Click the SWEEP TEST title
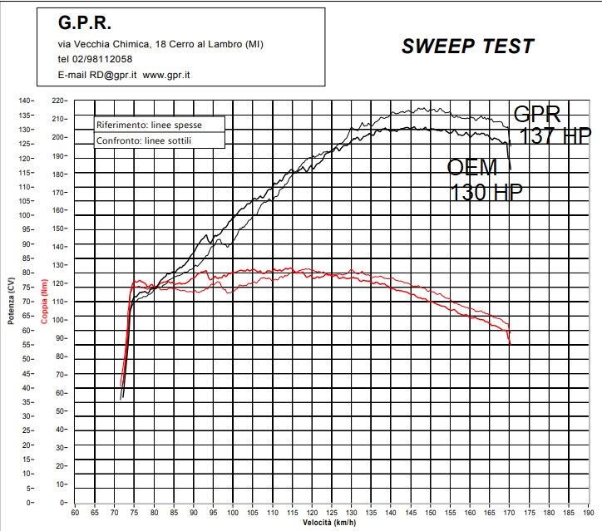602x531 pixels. coord(467,47)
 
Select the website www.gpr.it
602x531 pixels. coord(166,74)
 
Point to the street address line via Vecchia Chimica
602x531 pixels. coord(160,44)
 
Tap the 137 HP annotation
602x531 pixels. coord(555,136)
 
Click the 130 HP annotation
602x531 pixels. coord(486,192)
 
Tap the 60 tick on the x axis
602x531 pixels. coord(75,513)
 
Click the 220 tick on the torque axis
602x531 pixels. coord(57,101)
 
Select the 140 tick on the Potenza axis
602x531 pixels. coord(27,101)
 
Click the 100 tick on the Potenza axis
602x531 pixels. coord(27,215)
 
